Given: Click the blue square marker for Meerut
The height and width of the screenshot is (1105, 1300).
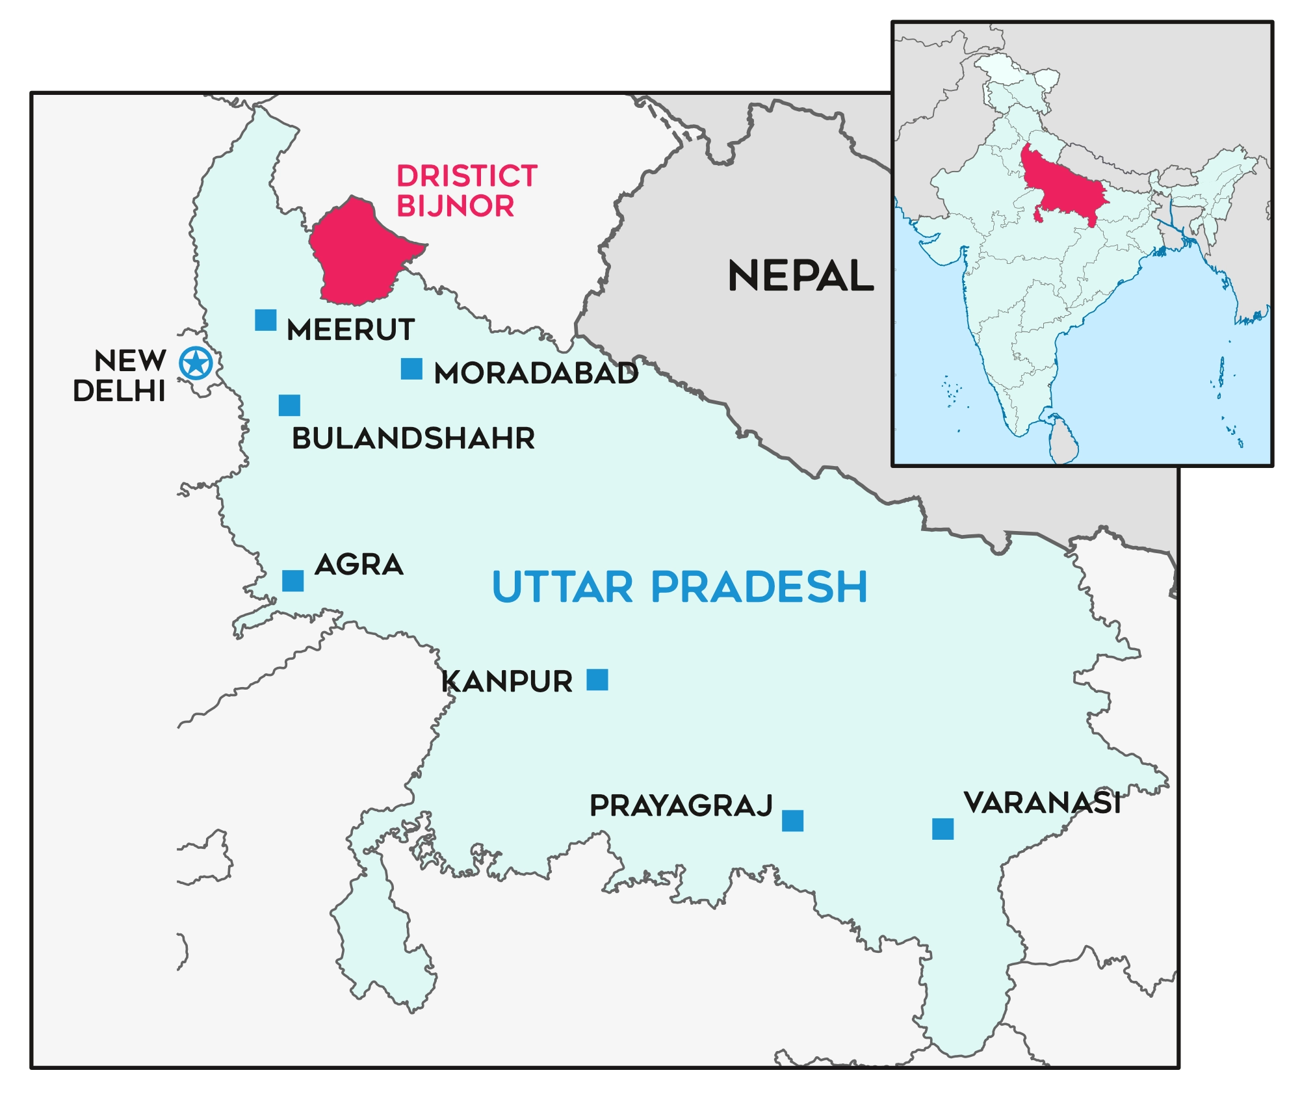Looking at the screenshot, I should pos(265,320).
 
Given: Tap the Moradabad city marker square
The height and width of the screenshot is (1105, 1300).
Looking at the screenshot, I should pos(411,369).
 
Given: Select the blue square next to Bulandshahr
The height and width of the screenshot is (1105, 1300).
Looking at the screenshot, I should pos(289,405).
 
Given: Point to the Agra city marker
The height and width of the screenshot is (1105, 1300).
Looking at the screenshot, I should pos(292,580).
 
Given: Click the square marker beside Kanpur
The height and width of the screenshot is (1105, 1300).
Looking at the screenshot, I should pos(597,679).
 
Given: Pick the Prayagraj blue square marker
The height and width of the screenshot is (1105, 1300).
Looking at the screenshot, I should pos(792,821).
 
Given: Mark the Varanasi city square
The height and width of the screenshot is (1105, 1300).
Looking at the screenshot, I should pos(942,829).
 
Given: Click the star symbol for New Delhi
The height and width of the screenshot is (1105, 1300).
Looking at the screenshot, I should pos(196,363).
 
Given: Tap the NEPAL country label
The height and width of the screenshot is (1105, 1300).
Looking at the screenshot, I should pos(801,276).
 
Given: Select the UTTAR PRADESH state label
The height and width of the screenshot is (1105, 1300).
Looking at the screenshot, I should pos(679,587).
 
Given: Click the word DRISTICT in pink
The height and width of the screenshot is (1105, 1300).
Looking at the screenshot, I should pos(467,176).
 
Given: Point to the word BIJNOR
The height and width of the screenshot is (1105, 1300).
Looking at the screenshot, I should pos(455,206).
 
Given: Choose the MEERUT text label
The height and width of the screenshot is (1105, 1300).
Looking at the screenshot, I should pos(351,330).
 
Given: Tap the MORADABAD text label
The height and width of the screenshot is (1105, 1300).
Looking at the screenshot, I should pos(536,374).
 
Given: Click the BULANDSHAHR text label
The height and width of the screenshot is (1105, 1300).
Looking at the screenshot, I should pos(413,439).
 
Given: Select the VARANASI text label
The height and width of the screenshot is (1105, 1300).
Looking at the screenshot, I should pos(1043,803).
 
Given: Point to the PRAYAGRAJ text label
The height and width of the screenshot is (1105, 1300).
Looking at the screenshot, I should pos(681,806).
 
